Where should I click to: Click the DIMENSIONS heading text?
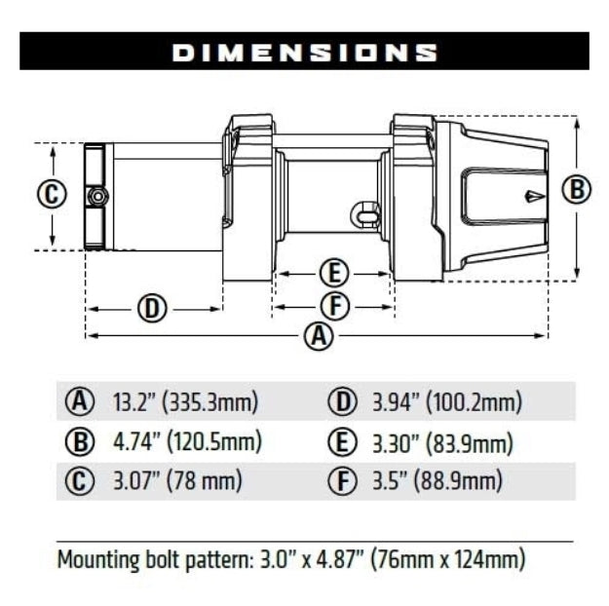(304, 52)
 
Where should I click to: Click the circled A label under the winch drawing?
(317, 336)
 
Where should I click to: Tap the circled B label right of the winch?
(578, 190)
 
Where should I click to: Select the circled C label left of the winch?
(53, 193)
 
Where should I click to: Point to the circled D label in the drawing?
(151, 310)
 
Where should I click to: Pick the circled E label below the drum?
(333, 273)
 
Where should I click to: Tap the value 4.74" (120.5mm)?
(188, 441)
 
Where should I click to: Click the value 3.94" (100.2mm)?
(447, 401)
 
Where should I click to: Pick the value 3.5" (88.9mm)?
(438, 480)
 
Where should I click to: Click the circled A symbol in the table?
(79, 401)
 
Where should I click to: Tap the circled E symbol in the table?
(342, 442)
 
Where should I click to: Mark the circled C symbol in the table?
(79, 481)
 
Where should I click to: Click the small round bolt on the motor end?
(95, 197)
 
